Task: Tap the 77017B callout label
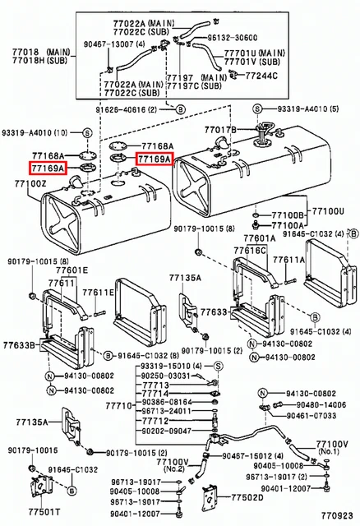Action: coord(219,129)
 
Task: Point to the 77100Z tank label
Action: coord(31,184)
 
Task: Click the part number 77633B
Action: coord(19,347)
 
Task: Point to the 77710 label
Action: coord(120,406)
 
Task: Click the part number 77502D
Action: coord(247,497)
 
